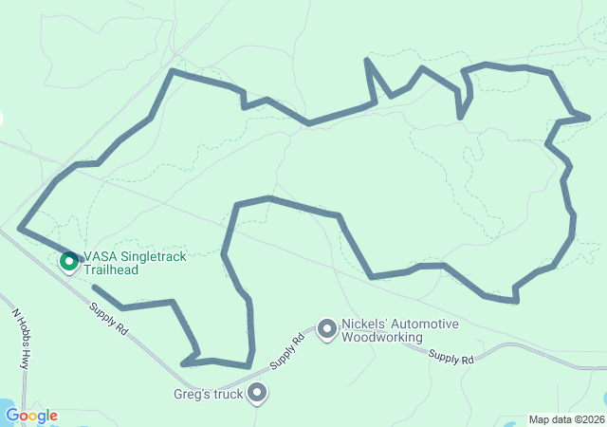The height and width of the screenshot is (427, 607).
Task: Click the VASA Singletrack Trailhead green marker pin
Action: click(68, 260)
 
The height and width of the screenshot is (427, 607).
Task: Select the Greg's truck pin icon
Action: click(256, 393)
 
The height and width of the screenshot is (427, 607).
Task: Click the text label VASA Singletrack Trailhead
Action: click(134, 263)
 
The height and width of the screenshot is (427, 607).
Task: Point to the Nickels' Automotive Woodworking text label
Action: click(399, 330)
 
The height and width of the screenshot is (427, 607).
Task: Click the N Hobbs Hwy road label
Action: click(22, 337)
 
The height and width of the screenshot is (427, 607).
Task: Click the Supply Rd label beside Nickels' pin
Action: click(286, 352)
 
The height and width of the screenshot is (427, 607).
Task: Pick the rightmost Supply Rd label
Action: click(451, 358)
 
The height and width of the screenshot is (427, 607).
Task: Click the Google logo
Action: click(31, 416)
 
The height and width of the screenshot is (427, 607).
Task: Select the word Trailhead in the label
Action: click(111, 269)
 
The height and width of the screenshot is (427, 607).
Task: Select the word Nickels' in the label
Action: click(363, 325)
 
